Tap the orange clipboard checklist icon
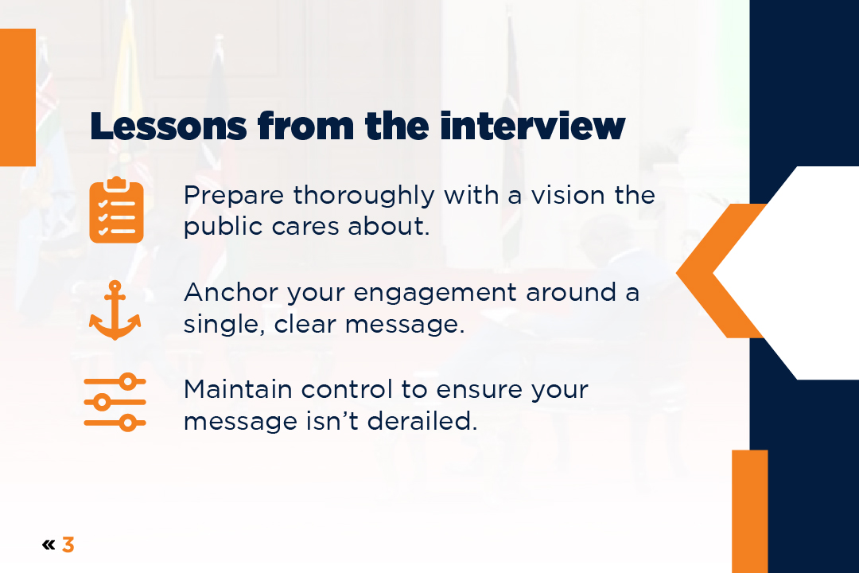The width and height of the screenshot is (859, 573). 116,210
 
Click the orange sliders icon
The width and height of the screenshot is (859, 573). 115,402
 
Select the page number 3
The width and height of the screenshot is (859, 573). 68,545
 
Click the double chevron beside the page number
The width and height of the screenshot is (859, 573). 49,545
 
